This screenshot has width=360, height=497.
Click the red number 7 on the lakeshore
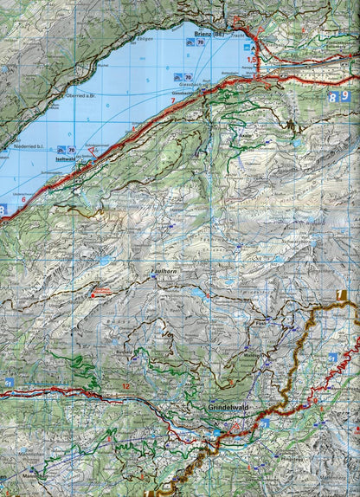coord(172,101)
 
